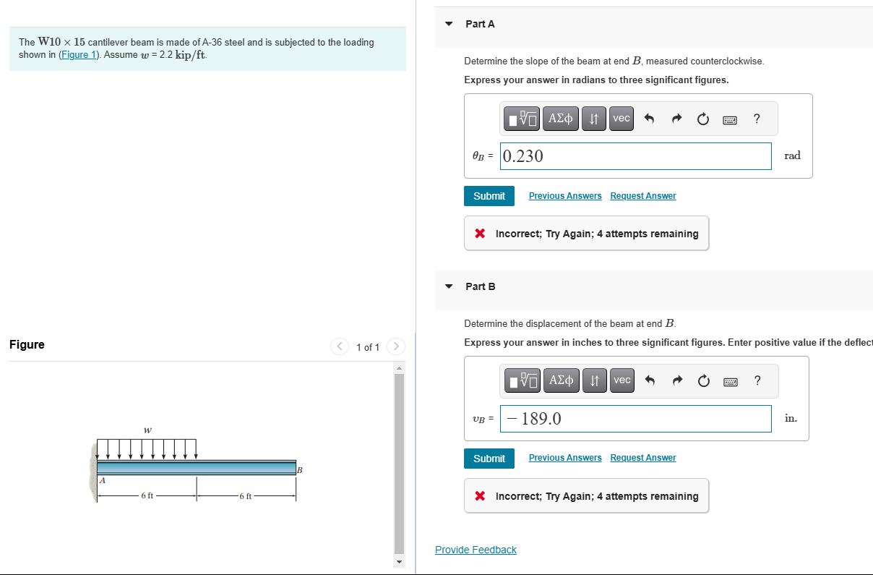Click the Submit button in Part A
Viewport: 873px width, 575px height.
[489, 196]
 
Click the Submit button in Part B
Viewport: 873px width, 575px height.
[489, 459]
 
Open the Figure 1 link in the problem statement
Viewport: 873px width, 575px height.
[79, 55]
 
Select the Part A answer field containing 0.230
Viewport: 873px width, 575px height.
[635, 156]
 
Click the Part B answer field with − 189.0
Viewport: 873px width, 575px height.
[635, 419]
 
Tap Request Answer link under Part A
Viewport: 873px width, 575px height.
[643, 196]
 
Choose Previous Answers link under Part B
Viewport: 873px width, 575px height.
[565, 458]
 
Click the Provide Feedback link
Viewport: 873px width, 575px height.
[476, 550]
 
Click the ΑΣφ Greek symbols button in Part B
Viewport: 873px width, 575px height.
[562, 380]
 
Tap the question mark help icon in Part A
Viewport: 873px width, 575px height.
[757, 118]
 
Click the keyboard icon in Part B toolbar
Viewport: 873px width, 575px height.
[731, 381]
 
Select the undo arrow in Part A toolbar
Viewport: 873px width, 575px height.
[649, 118]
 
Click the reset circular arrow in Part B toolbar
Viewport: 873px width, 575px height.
[703, 380]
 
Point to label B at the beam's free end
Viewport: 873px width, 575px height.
[299, 470]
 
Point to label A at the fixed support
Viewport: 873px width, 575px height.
[103, 480]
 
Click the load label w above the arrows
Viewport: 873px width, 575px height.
[147, 430]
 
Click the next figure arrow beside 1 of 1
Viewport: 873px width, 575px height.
[396, 346]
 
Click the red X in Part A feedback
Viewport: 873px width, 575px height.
[480, 234]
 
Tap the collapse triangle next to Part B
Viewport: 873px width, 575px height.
[449, 286]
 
